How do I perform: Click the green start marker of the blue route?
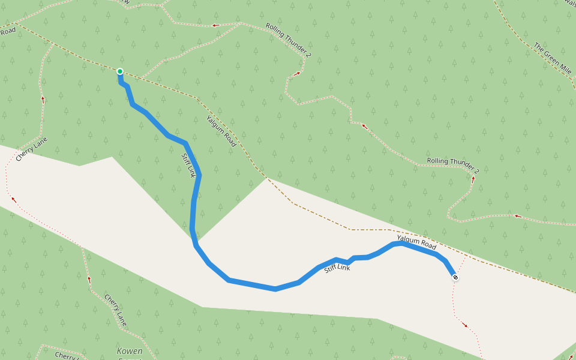(120, 71)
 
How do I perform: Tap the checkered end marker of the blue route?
(455, 277)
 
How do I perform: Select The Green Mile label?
(552, 57)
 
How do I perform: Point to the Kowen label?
(130, 351)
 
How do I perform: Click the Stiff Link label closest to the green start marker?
(188, 165)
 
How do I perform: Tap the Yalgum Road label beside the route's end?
(416, 242)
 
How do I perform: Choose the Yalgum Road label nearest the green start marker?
(221, 131)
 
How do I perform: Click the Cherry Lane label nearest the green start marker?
(31, 149)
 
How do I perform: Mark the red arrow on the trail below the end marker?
(465, 325)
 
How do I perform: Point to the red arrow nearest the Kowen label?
(89, 279)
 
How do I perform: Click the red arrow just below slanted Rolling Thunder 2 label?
(296, 74)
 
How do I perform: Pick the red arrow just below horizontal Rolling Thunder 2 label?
(473, 179)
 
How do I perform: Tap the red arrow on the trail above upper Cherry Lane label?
(43, 99)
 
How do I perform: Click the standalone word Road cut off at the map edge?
(7, 30)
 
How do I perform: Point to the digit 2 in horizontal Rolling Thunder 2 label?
(477, 170)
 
